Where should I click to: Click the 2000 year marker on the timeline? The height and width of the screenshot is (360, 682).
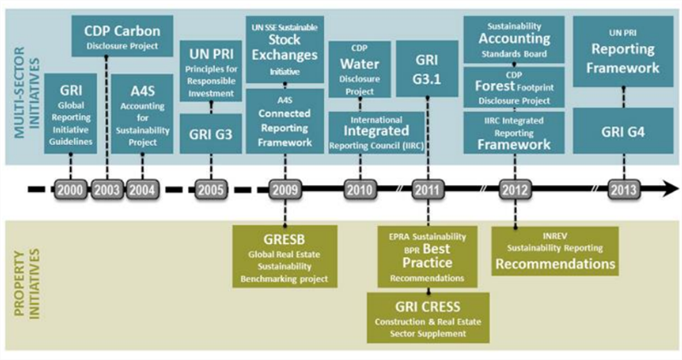[x=72, y=189]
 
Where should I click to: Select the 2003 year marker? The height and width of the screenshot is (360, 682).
[x=107, y=189]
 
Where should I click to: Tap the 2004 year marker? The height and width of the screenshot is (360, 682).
[x=142, y=189]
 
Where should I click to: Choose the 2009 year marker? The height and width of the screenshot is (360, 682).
[x=284, y=189]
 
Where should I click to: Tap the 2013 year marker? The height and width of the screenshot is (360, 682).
[x=624, y=189]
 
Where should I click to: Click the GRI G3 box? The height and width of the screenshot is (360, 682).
[x=211, y=134]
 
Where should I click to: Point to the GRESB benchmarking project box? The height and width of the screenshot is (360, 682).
[x=284, y=255]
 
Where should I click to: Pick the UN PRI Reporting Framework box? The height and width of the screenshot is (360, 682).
[x=625, y=53]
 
